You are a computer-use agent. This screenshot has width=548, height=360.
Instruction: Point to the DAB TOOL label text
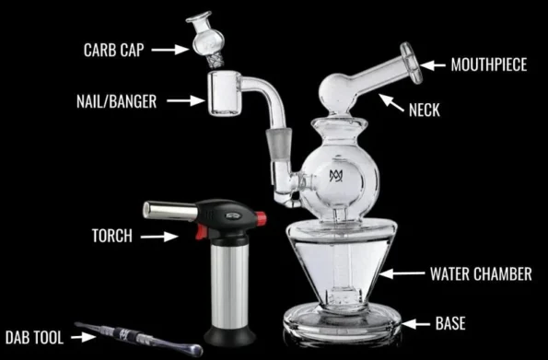[33, 338]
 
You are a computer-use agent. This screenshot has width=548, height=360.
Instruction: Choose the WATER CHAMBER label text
[481, 273]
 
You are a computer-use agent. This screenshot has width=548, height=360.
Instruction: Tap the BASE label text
[450, 323]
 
